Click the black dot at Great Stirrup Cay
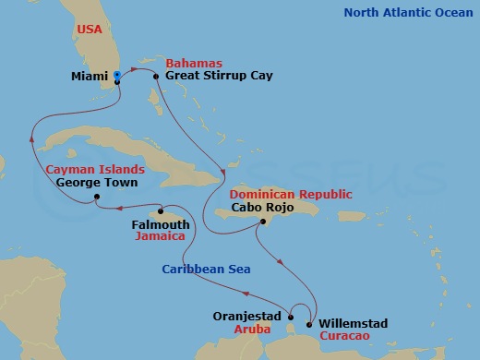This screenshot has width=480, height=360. pos(156,77)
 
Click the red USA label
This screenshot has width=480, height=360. pos(90,29)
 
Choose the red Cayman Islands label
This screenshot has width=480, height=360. pos(94,170)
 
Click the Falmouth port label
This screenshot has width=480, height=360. pos(161,224)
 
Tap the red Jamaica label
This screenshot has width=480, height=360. pos(161,237)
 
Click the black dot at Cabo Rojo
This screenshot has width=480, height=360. pos(263,222)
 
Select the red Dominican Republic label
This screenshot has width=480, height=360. pos(278,195)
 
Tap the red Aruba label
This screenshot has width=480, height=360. pos(253,328)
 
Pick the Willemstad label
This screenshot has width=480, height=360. pos(353,324)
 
